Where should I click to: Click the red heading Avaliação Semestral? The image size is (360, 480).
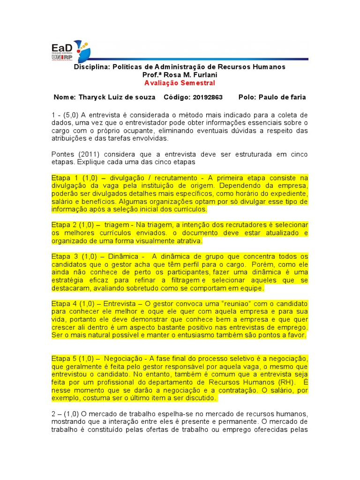click(x=180, y=83)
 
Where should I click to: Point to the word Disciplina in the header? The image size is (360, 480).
click(x=92, y=67)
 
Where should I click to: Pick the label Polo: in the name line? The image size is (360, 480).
click(x=248, y=97)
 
